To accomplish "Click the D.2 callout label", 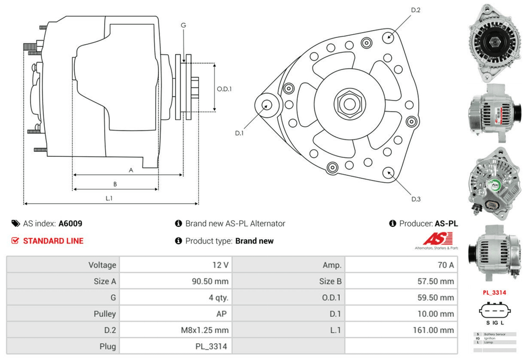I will [x=416, y=10].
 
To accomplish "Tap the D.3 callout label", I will [x=416, y=199].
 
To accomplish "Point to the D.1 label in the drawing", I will [x=239, y=133].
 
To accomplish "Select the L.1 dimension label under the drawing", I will [x=109, y=198].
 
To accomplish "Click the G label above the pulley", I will [x=183, y=25].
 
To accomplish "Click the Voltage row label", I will [x=102, y=265].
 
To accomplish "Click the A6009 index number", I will [x=70, y=223].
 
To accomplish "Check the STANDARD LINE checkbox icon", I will [x=15, y=241].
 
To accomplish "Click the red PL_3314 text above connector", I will [x=494, y=292].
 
